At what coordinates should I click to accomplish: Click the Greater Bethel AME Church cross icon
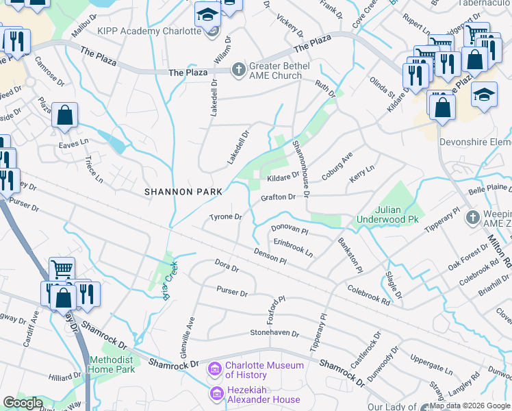click(239, 69)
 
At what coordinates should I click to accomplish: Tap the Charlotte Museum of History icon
click(215, 370)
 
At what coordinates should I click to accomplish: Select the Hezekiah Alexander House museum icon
click(215, 394)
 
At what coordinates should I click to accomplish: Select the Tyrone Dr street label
click(226, 217)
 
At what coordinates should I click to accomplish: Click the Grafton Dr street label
click(277, 197)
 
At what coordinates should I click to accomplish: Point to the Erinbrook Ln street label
click(293, 247)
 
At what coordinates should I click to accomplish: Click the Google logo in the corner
click(23, 403)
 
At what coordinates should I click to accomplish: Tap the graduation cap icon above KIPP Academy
click(207, 14)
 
